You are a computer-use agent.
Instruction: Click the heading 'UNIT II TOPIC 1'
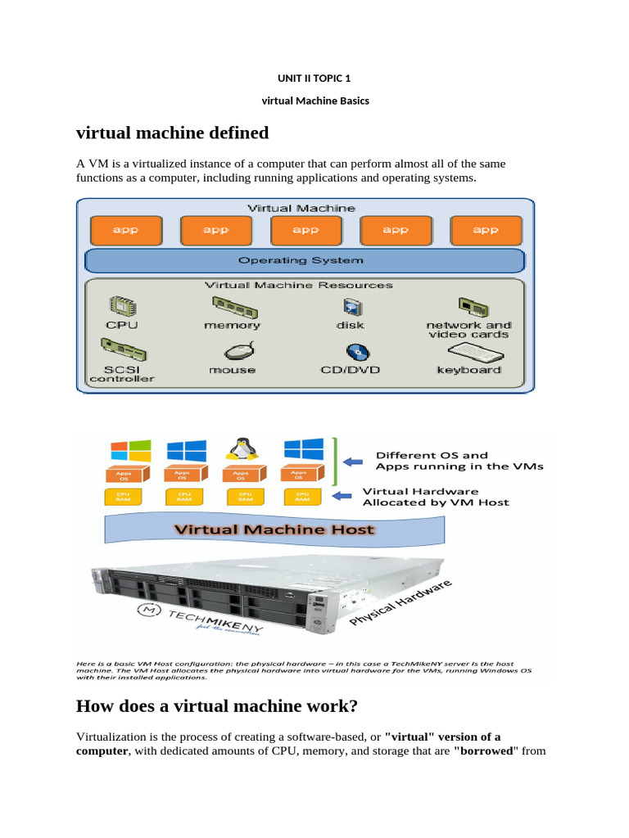point(314,79)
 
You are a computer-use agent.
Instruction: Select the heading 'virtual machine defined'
point(172,133)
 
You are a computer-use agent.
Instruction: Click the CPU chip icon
point(123,307)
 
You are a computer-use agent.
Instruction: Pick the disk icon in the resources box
point(351,307)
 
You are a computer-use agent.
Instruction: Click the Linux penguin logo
point(240,449)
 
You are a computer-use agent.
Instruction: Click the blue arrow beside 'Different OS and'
point(354,462)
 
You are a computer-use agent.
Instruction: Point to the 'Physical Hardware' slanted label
point(401,605)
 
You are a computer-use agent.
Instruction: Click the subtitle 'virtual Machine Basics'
point(314,101)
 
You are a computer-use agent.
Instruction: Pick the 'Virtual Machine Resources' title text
point(298,285)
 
